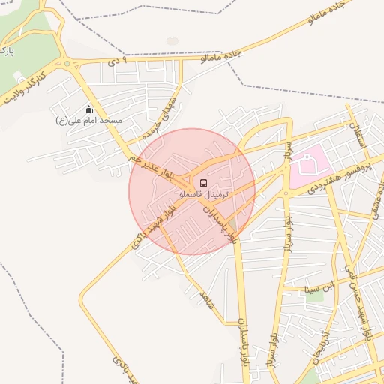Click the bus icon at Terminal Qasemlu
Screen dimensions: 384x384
(x=202, y=182)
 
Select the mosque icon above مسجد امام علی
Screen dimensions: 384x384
(x=88, y=109)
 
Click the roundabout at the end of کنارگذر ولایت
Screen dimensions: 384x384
(x=70, y=64)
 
